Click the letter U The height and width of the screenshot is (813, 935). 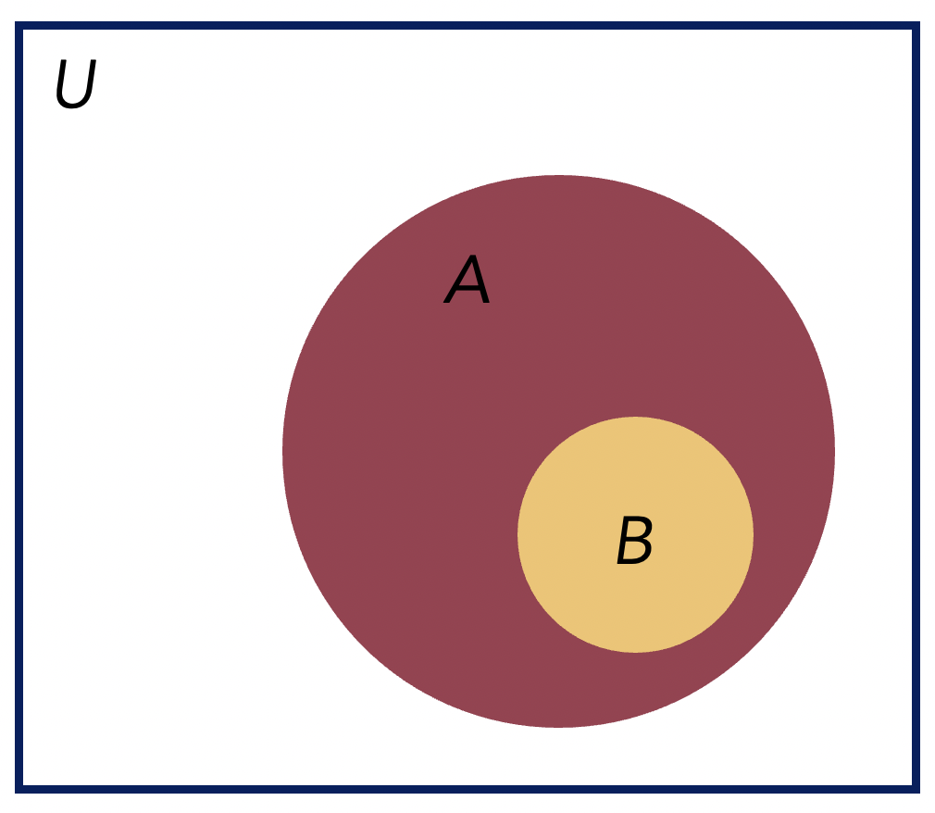[76, 83]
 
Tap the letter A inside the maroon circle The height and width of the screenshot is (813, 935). [467, 279]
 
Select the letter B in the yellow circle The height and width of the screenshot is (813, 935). [635, 540]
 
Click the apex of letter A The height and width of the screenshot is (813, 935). [473, 256]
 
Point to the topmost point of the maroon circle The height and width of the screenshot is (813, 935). [559, 175]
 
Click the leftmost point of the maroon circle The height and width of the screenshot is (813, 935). [282, 452]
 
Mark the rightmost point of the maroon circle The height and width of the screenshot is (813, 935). [835, 452]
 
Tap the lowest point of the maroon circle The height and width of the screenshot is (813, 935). [559, 727]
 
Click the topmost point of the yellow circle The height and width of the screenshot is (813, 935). [636, 417]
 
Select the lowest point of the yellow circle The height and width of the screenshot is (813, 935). [636, 652]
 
